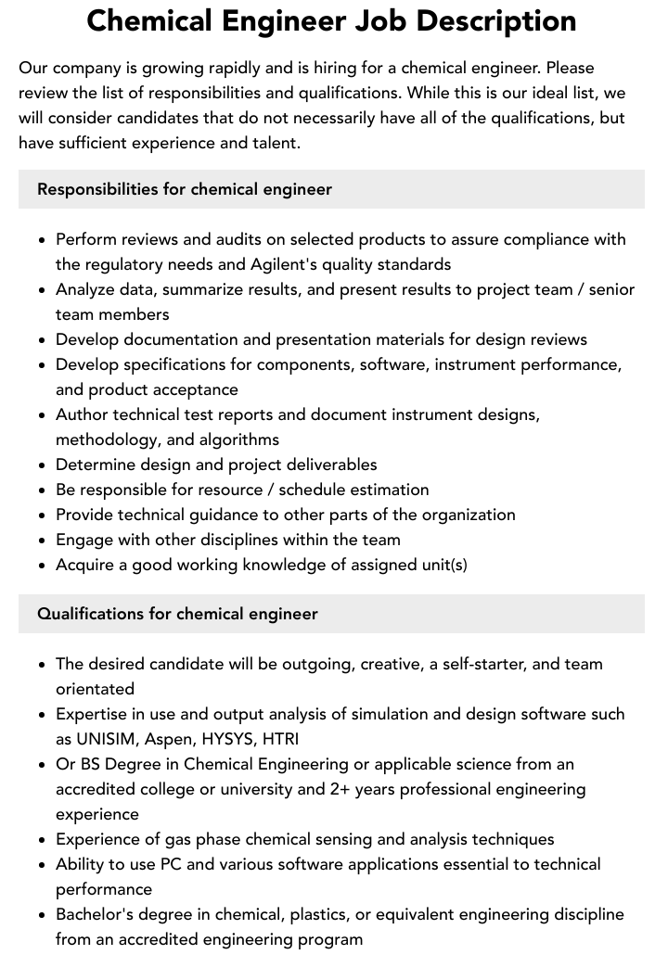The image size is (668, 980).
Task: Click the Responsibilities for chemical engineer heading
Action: coord(185,189)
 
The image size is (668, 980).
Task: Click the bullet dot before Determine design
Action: coord(43,465)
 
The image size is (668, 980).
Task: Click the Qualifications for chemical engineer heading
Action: coord(177,614)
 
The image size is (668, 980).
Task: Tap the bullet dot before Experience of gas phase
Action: coord(43,840)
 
